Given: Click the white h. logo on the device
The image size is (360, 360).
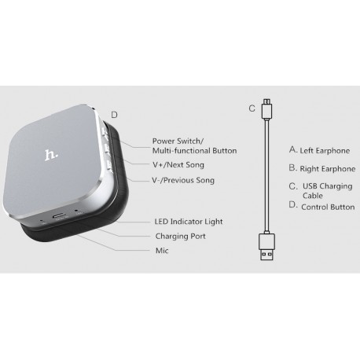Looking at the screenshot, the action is coord(51,155).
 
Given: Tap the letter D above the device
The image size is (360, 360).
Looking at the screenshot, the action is coord(114,115).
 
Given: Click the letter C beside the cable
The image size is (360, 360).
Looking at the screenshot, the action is coord(252,108).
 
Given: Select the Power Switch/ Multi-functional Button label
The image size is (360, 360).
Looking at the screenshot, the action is coord(195,146).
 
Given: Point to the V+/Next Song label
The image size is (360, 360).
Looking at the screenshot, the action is coord(178,165).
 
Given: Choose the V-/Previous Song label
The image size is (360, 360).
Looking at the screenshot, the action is coord(183,180).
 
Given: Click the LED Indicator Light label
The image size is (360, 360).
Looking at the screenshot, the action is coord(189,222).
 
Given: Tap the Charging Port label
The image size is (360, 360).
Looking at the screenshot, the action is coord(181,236).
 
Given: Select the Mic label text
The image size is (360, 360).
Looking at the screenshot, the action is coord(162,251).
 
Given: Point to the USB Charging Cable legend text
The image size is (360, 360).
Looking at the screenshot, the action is coord(328,191).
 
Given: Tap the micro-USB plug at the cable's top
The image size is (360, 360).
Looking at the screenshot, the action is coord(267,108).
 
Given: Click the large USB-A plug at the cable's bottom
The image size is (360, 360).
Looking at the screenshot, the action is coord(267,247).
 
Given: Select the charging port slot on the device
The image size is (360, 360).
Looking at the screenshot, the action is coord(61,216).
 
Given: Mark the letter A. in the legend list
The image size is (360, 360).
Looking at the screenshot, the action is coord(293,150).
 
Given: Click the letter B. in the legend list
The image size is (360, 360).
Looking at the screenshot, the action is coord(293,168).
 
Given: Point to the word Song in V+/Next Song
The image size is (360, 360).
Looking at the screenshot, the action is coord(195,165).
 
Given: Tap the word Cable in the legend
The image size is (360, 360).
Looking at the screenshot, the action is coord(313,196).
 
